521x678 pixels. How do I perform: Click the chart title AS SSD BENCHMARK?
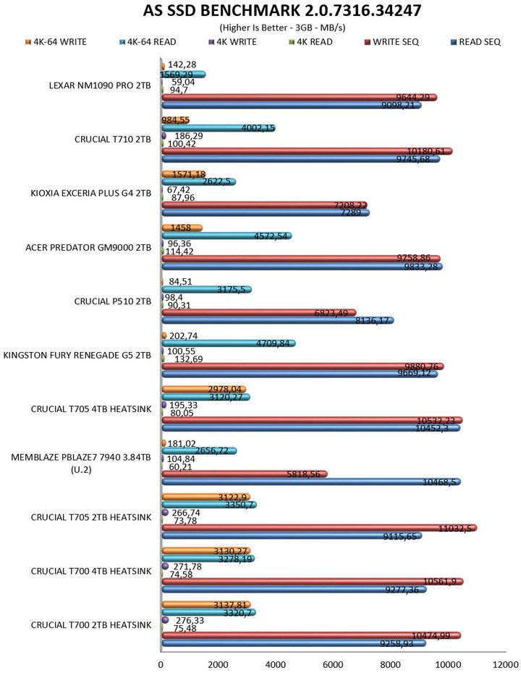[x=260, y=12]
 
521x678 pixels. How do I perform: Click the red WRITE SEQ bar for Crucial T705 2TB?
[x=318, y=528]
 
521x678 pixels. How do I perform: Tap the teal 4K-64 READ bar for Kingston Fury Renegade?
[x=228, y=343]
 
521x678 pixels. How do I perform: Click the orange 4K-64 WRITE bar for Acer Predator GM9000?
[x=181, y=228]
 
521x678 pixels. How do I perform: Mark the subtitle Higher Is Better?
[x=260, y=27]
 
